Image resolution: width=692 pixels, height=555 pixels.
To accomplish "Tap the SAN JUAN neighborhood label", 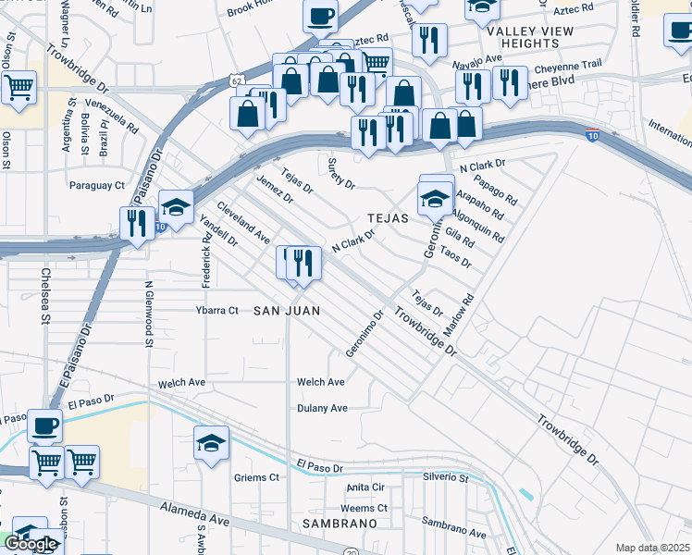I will coord(287,312).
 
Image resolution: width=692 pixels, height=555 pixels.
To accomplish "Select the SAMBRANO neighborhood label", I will coord(340,524).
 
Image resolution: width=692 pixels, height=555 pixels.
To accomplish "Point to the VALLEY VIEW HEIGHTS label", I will coord(531,37).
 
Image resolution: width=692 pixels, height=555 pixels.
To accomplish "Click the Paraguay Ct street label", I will coord(97,186).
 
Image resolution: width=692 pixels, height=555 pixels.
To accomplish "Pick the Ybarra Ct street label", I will coord(216,311).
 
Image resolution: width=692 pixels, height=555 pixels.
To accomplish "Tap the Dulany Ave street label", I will coord(322,408).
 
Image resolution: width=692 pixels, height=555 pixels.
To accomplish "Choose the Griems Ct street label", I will coord(257,478).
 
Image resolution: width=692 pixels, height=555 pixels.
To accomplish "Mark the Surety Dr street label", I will coord(341,173).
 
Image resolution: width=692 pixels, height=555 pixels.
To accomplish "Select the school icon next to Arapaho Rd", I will coord(435,198).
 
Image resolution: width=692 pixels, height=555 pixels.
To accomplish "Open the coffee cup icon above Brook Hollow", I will coord(320,16).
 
